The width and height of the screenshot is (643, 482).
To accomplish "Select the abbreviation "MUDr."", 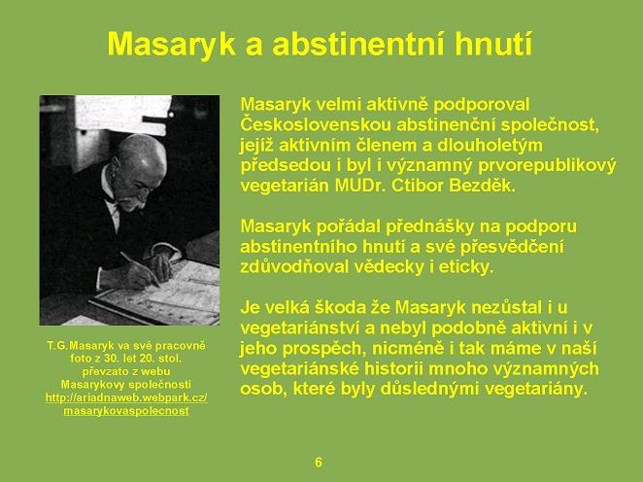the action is pyautogui.click(x=359, y=186).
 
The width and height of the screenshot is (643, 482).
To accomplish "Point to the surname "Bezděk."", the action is pyautogui.click(x=482, y=186).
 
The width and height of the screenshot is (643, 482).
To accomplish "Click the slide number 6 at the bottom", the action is pyautogui.click(x=319, y=463).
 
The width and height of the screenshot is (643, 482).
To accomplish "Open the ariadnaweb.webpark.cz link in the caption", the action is pyautogui.click(x=126, y=397).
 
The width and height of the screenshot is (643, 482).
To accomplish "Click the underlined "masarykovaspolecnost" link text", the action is pyautogui.click(x=126, y=411).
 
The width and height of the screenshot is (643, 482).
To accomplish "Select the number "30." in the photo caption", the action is pyautogui.click(x=110, y=359).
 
